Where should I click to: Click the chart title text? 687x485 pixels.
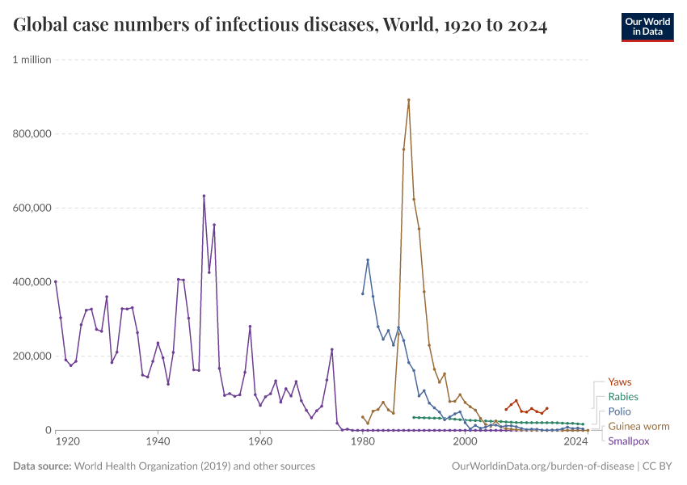pos(280,26)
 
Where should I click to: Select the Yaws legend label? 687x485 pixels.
pos(619,382)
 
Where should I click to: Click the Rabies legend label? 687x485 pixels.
pos(622,397)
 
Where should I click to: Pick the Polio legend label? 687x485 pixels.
pos(619,411)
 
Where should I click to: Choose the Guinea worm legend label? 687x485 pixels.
pos(638,427)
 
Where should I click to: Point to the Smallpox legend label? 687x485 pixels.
pos(628,441)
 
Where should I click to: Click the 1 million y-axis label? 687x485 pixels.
pos(32,60)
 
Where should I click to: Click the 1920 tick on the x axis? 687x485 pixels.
pos(67,443)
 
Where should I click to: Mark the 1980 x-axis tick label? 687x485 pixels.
pos(362,443)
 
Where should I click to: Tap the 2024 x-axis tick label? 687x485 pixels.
pos(575,443)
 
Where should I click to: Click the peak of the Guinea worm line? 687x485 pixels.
pos(409,100)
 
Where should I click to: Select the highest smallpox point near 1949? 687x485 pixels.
pos(204,196)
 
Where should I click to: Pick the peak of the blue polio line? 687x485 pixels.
pos(368,259)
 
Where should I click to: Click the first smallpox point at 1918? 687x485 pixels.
pos(56,281)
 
